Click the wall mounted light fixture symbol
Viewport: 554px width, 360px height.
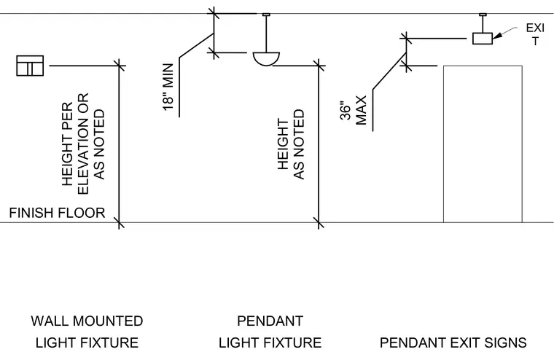(30, 66)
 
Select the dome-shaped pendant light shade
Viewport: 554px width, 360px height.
(266, 58)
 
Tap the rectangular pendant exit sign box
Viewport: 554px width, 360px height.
(483, 38)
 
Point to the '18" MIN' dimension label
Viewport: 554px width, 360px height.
(168, 87)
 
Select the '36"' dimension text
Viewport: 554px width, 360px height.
(346, 111)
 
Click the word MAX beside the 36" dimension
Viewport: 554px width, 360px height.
(362, 110)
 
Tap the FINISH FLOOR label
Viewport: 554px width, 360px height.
(58, 213)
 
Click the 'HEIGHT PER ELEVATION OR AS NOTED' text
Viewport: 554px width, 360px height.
(83, 144)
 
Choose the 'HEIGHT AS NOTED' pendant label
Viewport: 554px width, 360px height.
(291, 144)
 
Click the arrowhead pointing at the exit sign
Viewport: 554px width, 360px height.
(497, 36)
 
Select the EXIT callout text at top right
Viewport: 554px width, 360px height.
(535, 35)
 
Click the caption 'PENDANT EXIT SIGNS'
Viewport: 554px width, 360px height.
(453, 343)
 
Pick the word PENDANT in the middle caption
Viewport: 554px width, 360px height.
(270, 321)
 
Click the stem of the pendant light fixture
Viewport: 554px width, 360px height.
(266, 34)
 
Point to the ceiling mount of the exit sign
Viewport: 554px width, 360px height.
(483, 15)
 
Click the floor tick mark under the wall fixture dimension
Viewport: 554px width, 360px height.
(120, 223)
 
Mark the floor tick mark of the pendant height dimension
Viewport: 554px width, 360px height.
(319, 223)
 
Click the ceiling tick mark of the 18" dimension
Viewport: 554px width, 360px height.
(214, 14)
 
